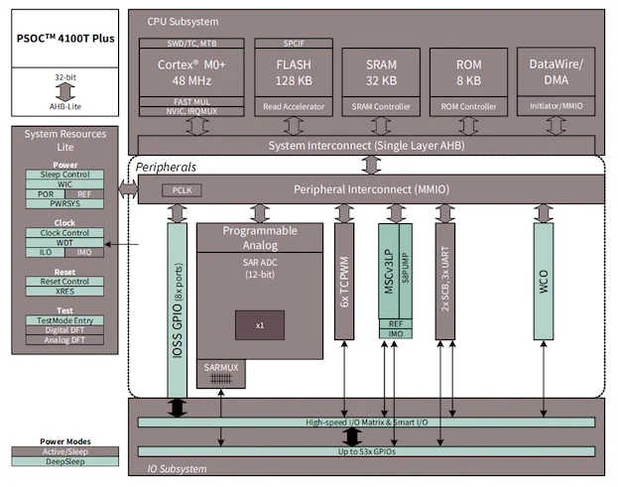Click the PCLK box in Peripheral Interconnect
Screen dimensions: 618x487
point(182,190)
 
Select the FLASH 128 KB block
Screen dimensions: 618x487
point(294,72)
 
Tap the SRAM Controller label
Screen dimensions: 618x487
point(381,106)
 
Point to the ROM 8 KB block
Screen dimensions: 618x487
point(468,72)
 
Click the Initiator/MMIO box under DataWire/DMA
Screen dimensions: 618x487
point(556,105)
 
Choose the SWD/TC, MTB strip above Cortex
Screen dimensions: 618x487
point(191,44)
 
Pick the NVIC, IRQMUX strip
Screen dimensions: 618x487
point(191,111)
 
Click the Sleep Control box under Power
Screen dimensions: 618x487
point(64,175)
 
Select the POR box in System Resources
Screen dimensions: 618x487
point(46,194)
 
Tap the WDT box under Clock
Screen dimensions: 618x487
point(64,243)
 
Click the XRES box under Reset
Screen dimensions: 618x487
point(64,292)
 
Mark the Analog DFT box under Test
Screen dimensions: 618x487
point(64,340)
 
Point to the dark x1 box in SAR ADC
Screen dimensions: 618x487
point(260,325)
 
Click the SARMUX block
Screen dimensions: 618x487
point(221,373)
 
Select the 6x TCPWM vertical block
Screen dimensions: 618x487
point(344,282)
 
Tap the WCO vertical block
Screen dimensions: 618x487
point(544,282)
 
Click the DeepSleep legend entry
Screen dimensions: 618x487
point(65,461)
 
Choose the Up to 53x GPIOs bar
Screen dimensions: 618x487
point(366,451)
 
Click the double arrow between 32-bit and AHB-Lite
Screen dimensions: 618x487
point(65,92)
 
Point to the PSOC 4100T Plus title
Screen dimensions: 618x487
point(65,39)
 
